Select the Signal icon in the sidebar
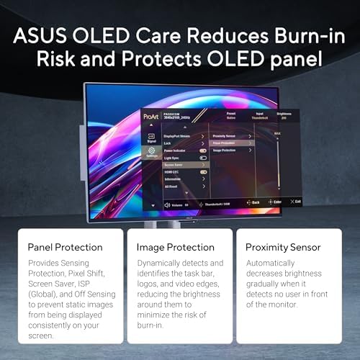(x=152, y=137)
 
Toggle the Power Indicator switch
(x=203, y=150)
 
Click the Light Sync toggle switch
(x=203, y=158)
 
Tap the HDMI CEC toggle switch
(x=203, y=172)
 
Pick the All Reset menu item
(x=172, y=186)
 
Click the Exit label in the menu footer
(x=296, y=202)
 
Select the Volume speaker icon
(x=168, y=204)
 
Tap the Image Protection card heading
(x=169, y=247)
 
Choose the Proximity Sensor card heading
(x=283, y=247)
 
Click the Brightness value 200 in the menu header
(x=282, y=117)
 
